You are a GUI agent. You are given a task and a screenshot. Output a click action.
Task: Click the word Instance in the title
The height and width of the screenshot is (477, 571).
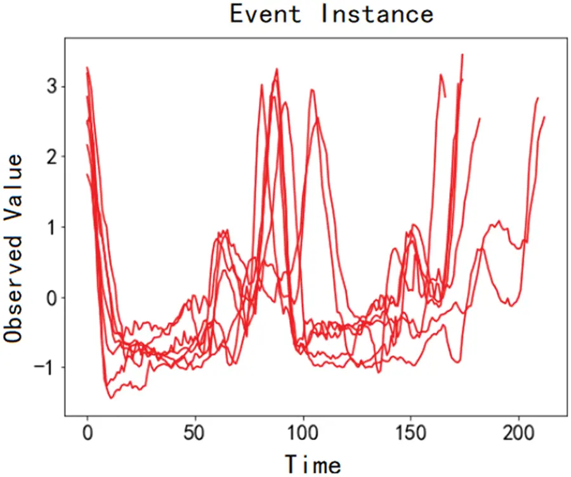[376, 13]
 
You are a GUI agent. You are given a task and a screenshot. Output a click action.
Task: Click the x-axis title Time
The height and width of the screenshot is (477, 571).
[312, 463]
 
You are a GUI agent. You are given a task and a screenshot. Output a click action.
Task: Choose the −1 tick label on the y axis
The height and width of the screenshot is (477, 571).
[48, 367]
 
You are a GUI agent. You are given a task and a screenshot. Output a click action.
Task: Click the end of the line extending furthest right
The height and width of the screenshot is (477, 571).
[544, 117]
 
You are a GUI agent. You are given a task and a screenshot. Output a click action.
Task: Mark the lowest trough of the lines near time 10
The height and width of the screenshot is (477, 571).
[111, 398]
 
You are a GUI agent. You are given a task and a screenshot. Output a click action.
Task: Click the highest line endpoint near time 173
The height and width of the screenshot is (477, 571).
[463, 55]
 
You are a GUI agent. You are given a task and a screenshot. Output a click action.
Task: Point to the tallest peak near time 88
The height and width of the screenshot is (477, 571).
[277, 69]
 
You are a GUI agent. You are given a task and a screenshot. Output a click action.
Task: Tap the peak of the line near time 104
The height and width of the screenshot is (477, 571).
[312, 90]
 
